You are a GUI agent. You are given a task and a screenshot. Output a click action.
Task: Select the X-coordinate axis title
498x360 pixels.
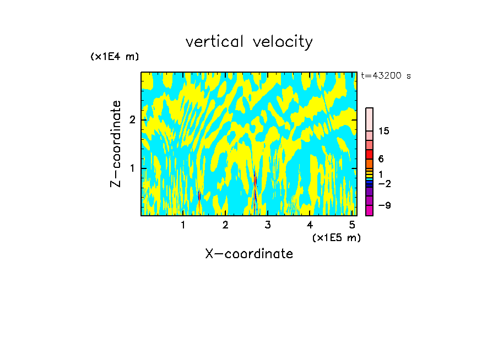point(249,254)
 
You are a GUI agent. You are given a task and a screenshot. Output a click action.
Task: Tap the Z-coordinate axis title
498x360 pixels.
point(116,144)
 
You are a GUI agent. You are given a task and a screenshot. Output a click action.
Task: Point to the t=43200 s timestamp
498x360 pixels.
point(386,76)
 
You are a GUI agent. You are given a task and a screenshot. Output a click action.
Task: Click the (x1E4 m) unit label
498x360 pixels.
point(115,57)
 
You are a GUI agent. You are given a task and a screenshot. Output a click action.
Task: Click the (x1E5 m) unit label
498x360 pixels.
point(336,237)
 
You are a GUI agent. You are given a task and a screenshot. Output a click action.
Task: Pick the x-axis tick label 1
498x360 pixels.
point(183,225)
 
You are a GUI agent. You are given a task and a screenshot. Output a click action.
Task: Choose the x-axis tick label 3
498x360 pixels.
point(268,225)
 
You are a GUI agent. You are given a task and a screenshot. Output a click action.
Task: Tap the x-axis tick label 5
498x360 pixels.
point(352,225)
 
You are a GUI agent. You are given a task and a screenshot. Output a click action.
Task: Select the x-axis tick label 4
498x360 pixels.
point(310,225)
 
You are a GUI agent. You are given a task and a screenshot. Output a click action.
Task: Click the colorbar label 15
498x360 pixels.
point(384,131)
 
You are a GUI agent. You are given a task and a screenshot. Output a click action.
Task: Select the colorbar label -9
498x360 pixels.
point(384,205)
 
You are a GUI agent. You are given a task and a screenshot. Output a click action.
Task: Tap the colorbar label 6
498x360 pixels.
point(381,159)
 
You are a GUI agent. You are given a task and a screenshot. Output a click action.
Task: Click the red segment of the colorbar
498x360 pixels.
point(369,155)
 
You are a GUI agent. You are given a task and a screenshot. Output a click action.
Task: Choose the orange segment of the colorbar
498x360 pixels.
point(369,163)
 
